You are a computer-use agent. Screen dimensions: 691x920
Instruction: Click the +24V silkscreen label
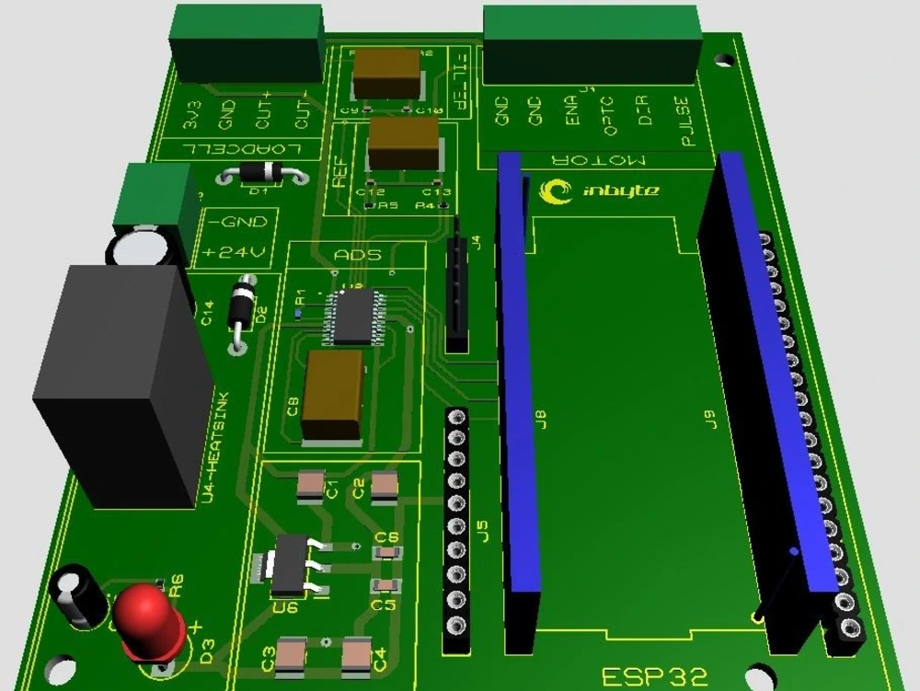pos(234,251)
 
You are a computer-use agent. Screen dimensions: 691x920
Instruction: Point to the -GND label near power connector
pos(236,222)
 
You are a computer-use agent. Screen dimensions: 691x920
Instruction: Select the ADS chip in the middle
pos(354,316)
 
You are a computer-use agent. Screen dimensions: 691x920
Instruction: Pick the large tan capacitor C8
pos(332,394)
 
